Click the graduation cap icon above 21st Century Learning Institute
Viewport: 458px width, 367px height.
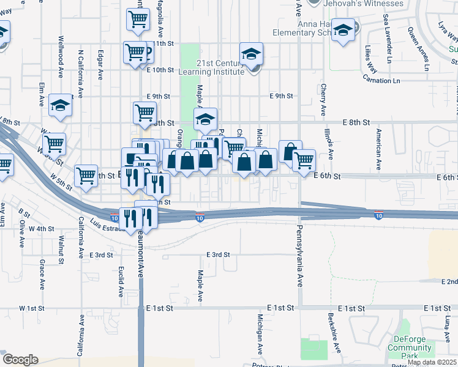pos(251,54)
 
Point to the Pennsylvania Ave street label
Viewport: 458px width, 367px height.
pos(300,260)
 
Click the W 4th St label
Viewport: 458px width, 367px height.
pos(41,229)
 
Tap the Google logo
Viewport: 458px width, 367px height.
pos(20,360)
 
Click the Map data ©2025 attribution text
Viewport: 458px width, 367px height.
pos(432,362)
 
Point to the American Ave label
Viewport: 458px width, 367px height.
pos(380,149)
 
